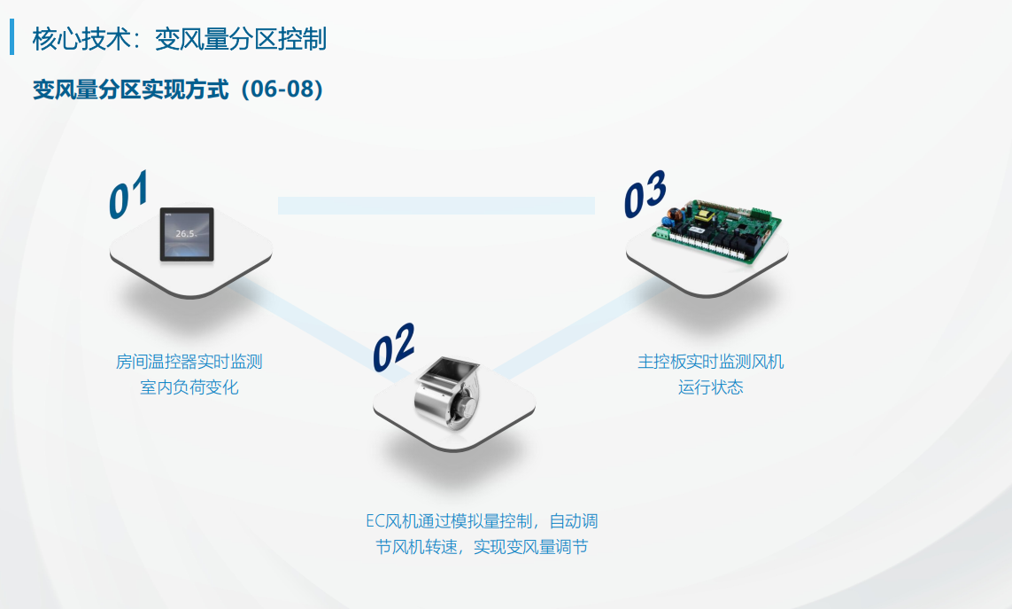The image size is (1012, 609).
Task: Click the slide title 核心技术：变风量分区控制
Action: (180, 39)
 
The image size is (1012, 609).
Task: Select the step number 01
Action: (128, 194)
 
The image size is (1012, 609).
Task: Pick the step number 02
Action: (393, 347)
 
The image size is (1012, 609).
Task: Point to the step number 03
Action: (645, 193)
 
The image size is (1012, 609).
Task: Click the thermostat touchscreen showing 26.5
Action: (187, 235)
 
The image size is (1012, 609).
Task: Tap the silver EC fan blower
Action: (446, 395)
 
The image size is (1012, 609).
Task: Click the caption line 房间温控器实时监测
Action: (189, 362)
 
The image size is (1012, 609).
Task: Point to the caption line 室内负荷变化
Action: (189, 387)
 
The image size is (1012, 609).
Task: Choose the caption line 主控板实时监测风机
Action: (711, 362)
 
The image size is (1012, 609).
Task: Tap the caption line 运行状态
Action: (711, 387)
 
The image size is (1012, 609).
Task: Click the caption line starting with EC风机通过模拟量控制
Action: (482, 521)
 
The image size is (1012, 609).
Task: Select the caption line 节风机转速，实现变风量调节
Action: (482, 547)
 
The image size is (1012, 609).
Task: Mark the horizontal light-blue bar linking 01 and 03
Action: (436, 206)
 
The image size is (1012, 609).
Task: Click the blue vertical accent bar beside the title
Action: (12, 37)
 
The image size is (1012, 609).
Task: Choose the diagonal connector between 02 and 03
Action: (581, 330)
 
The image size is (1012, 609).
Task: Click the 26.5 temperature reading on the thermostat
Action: (186, 233)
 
